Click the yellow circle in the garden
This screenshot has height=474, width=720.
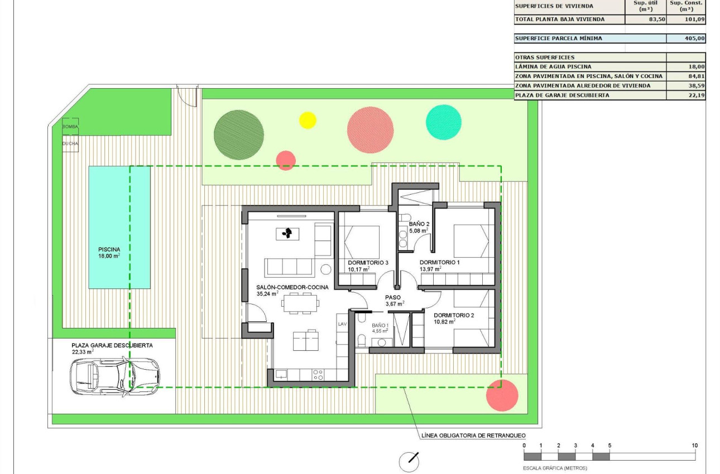pos(307,120)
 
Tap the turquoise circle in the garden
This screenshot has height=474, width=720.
pos(444,122)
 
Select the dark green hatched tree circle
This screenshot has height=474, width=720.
pos(238,135)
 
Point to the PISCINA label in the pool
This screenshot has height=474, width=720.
pos(109,249)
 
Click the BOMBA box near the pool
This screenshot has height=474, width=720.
pos(70,127)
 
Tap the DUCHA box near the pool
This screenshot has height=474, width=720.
pos(70,143)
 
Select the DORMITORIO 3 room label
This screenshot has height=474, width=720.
pos(368,262)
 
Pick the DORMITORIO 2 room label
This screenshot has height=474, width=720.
pos(454,315)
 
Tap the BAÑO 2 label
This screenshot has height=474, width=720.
pos(419,224)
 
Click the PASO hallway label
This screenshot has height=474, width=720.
pos(393,297)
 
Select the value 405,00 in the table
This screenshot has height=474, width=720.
pos(694,39)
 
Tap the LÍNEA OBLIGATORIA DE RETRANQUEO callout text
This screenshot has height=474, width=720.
pos(471,436)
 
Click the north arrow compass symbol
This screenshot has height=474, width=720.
pos(410,461)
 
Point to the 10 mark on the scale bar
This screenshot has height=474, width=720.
pos(694,446)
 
